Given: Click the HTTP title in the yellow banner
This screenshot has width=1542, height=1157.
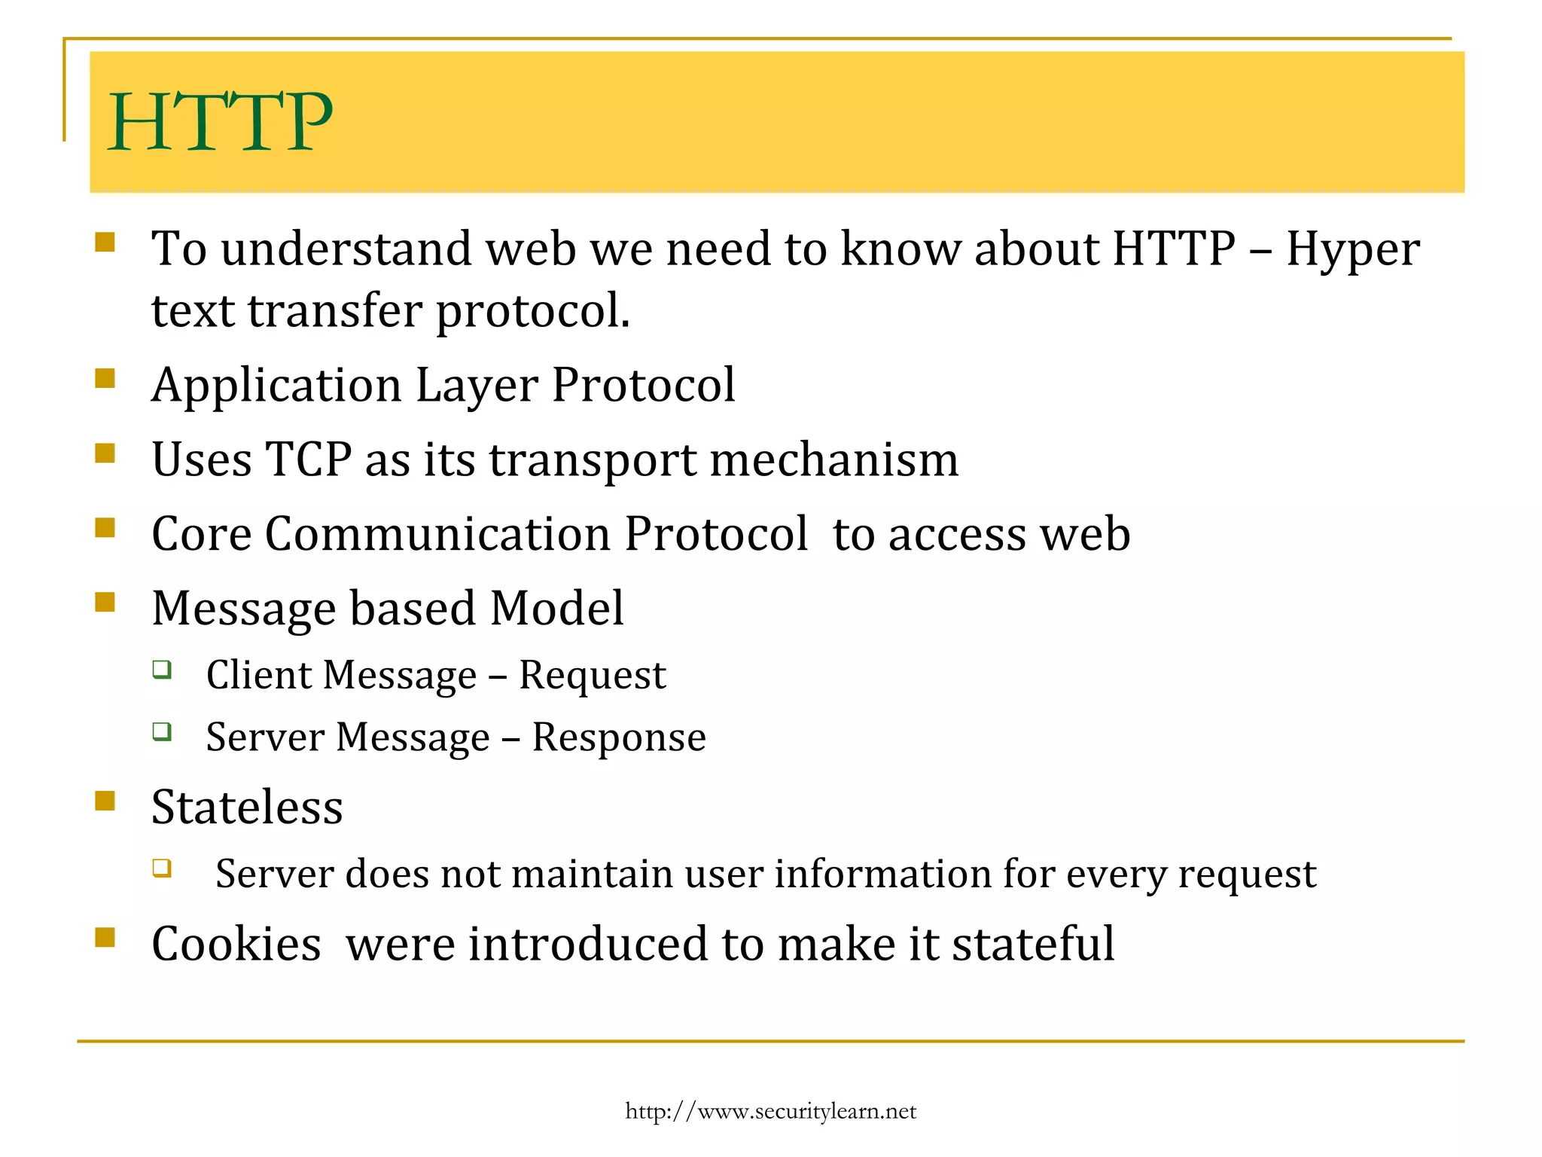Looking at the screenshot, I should [x=220, y=122].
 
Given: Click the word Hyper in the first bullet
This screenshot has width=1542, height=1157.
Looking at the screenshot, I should [x=1352, y=249].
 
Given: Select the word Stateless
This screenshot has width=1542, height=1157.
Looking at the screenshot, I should [x=247, y=807].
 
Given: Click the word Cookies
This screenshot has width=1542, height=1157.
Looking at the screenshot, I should [x=236, y=944].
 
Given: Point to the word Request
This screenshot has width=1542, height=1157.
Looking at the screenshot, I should [x=593, y=676].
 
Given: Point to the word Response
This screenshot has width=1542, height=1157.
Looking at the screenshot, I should [x=619, y=737].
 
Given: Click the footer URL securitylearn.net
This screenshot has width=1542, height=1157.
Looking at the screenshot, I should [x=770, y=1111].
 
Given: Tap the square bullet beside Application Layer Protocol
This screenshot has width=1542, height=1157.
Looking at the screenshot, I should [x=105, y=377].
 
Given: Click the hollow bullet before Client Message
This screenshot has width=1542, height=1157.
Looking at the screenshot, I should [x=162, y=669].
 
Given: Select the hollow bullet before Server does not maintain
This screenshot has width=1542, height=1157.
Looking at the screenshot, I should [x=162, y=869].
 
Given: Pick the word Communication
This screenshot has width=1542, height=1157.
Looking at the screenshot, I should [x=437, y=534].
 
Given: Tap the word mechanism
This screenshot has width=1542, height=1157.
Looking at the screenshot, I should [x=834, y=459].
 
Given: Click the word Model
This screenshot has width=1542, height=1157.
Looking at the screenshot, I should [x=556, y=609].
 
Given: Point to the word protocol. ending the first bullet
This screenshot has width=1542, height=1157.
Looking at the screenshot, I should [x=533, y=311].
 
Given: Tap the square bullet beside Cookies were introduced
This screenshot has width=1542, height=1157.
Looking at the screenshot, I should [x=105, y=937].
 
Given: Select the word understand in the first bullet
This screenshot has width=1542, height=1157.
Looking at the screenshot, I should [x=346, y=249].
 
